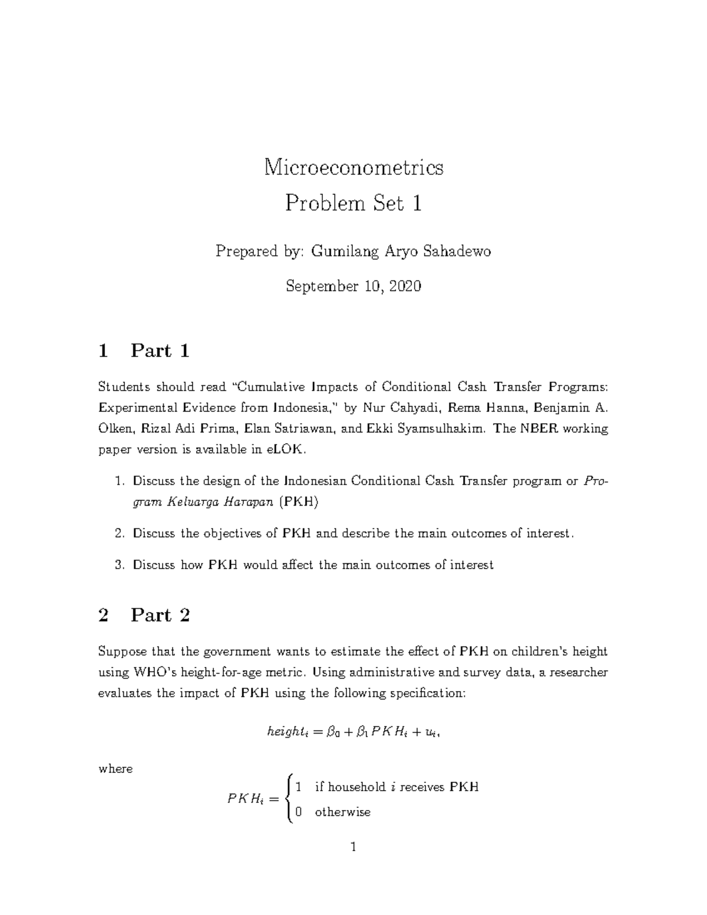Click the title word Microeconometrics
[x=353, y=168]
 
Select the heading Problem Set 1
[x=353, y=204]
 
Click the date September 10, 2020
[x=353, y=287]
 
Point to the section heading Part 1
[x=160, y=351]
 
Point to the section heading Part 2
[x=160, y=616]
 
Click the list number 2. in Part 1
[x=120, y=534]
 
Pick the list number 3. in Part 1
[x=120, y=565]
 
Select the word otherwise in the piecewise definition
[x=342, y=812]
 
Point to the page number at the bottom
[x=353, y=848]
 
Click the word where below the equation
[x=115, y=769]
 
